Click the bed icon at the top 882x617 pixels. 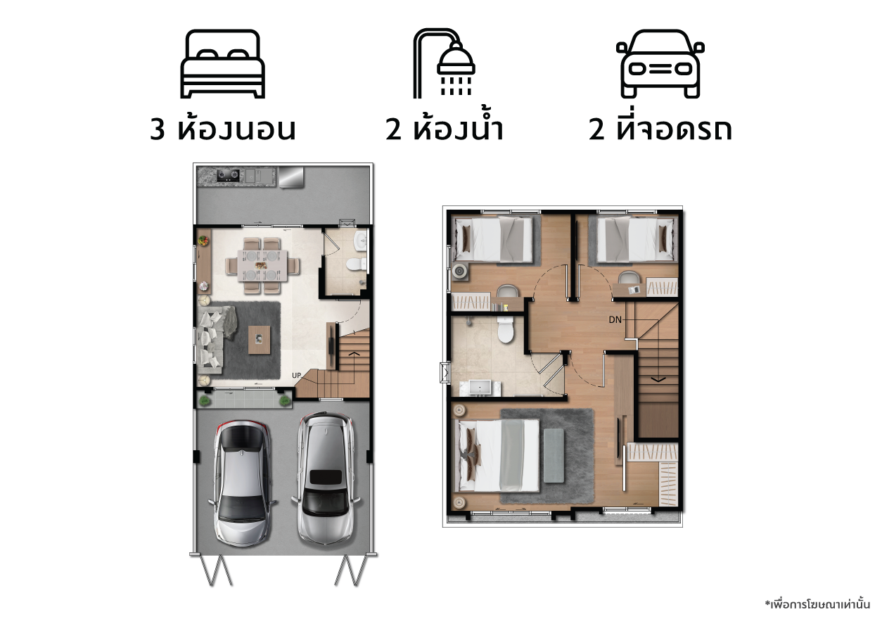222,64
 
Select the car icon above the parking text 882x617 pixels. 660,64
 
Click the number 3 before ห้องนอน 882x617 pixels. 157,129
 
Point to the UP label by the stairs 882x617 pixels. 297,376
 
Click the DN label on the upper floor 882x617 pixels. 615,319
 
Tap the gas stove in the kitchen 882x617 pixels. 229,175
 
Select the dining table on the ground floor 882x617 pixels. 262,265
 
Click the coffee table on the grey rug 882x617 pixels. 260,340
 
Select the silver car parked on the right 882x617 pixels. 326,478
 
